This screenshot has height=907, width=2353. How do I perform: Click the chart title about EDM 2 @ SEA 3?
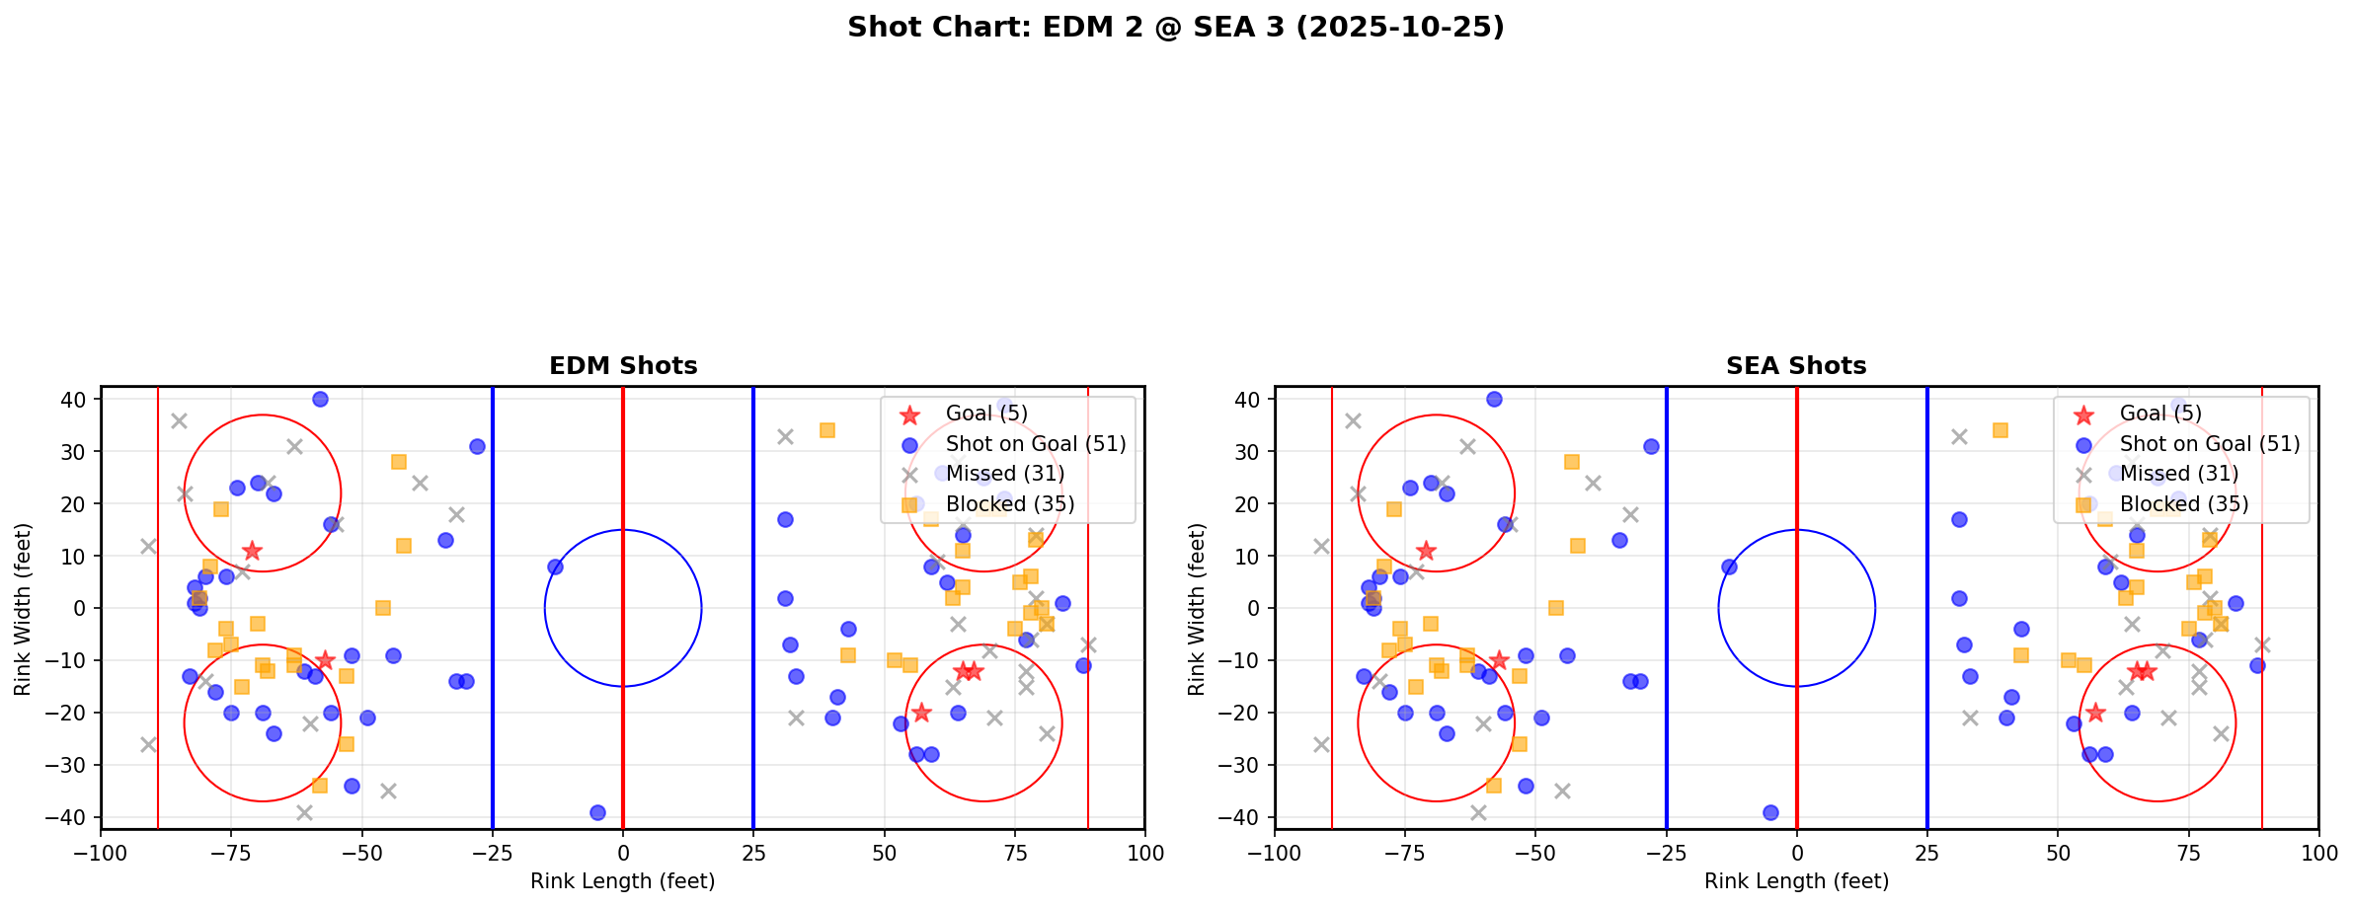[x=1175, y=27]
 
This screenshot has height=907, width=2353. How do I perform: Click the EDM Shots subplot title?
[x=623, y=366]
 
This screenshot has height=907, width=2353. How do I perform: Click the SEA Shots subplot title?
[x=1796, y=366]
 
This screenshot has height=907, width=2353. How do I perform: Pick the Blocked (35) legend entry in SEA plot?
[x=2183, y=504]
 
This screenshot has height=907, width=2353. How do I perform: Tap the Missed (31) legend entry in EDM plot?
[x=1004, y=474]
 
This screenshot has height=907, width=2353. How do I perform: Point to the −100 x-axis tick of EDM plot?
[x=101, y=853]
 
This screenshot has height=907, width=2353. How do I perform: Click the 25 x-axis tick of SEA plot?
[x=1926, y=853]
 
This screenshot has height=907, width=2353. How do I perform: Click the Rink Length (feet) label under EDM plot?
[x=622, y=881]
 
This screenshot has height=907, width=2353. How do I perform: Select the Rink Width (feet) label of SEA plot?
[x=1197, y=609]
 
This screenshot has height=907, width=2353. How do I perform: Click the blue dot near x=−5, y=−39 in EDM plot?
[x=597, y=812]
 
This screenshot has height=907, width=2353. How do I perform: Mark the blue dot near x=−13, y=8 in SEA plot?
[x=1729, y=567]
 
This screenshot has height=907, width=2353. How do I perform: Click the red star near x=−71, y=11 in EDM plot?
[x=252, y=551]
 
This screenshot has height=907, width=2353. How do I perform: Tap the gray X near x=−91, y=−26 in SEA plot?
[x=1321, y=744]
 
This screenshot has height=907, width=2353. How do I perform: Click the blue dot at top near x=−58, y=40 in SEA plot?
[x=1494, y=399]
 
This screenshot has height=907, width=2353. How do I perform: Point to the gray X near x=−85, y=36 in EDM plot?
[x=179, y=420]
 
